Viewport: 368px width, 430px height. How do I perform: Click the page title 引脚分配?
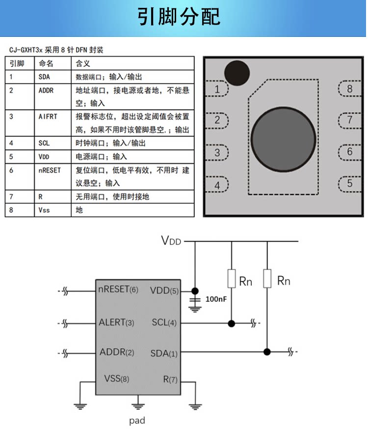pos(179,17)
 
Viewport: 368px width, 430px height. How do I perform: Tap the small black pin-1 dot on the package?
pos(237,73)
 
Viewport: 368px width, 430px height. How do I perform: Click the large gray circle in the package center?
pos(284,139)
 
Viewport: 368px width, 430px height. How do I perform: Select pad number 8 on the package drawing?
pos(350,89)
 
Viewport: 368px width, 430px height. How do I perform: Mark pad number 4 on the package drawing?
pos(217,185)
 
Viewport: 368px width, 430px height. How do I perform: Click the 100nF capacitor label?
pos(216,299)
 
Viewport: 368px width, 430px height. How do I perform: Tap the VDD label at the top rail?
pos(171,240)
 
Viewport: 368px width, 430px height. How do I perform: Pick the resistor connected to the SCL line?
pos(232,279)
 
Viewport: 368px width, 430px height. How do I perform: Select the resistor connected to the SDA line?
pos(267,279)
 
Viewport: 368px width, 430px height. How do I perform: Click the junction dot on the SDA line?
pos(267,351)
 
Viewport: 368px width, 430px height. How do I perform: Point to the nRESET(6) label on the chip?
pos(118,289)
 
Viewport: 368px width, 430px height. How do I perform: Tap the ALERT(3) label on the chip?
pos(116,322)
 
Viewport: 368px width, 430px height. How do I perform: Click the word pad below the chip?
pos(137,420)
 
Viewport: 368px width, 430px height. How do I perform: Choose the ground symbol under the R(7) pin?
pos(195,406)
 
